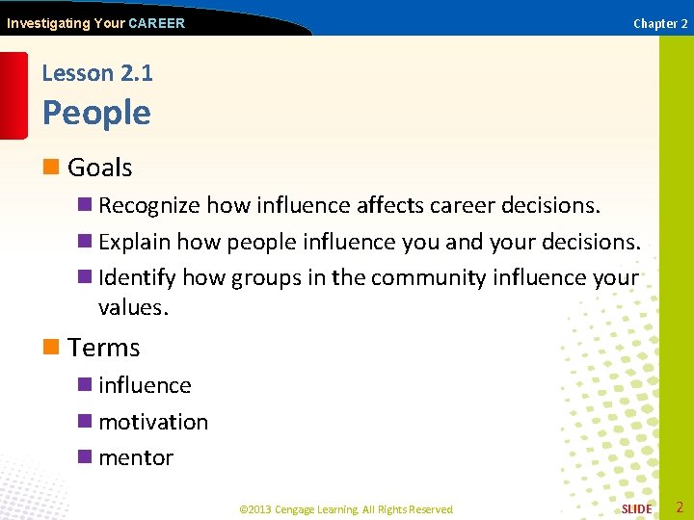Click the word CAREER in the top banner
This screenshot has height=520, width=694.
point(156,23)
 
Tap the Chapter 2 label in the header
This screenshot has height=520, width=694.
point(660,23)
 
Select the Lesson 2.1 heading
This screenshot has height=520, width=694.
point(97,73)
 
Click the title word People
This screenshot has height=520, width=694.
point(96,113)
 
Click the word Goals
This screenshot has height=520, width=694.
point(99,168)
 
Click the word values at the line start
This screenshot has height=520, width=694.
point(132,308)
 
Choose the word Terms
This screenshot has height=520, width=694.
point(104,348)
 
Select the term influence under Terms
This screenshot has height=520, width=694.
point(145,385)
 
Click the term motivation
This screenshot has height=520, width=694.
point(153,422)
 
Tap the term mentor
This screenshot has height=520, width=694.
point(136,457)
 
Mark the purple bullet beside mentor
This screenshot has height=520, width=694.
point(85,457)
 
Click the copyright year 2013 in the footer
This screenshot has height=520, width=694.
point(261,509)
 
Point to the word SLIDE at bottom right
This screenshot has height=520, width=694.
point(636,508)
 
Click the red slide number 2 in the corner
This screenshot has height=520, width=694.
point(679,507)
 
